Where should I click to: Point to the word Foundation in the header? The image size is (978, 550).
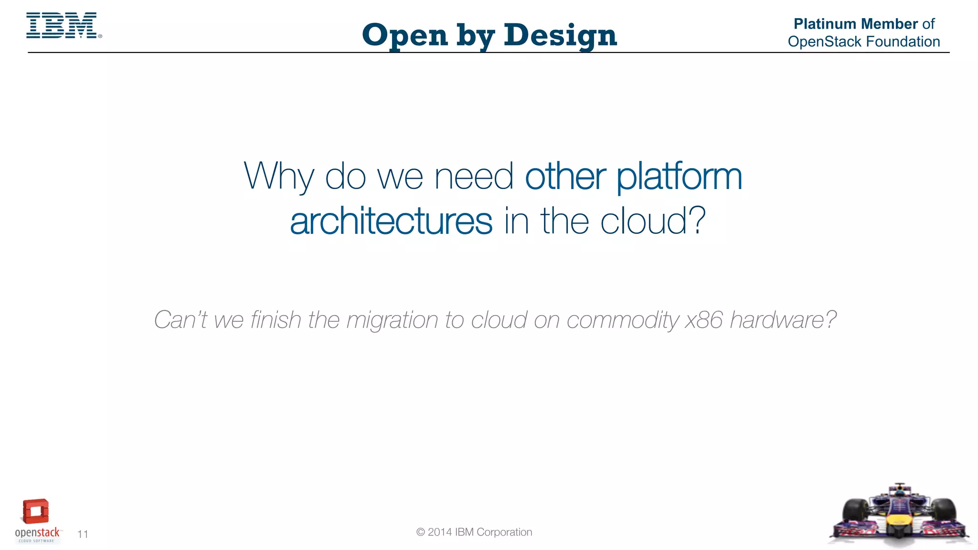pos(903,42)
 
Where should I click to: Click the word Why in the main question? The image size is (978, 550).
pos(279,177)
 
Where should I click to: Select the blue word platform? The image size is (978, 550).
pos(679,177)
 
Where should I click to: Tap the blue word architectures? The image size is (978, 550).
pos(391,222)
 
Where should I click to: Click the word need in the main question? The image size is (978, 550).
pos(474,177)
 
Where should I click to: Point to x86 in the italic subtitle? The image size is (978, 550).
pos(704,320)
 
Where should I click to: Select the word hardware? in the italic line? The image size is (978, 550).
pos(783,320)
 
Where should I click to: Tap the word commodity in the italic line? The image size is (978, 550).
pos(622,320)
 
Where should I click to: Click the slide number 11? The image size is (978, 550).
pos(83,534)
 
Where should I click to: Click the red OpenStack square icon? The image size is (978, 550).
pos(36,512)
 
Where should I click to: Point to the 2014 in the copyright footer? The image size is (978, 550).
pos(440,532)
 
